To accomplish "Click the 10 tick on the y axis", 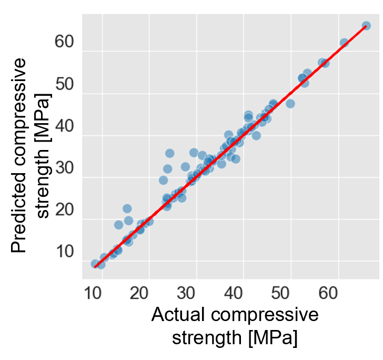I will [66, 252].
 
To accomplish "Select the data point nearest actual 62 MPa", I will [344, 43].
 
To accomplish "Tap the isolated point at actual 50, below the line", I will [290, 104].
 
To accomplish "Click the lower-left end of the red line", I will [95, 267].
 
